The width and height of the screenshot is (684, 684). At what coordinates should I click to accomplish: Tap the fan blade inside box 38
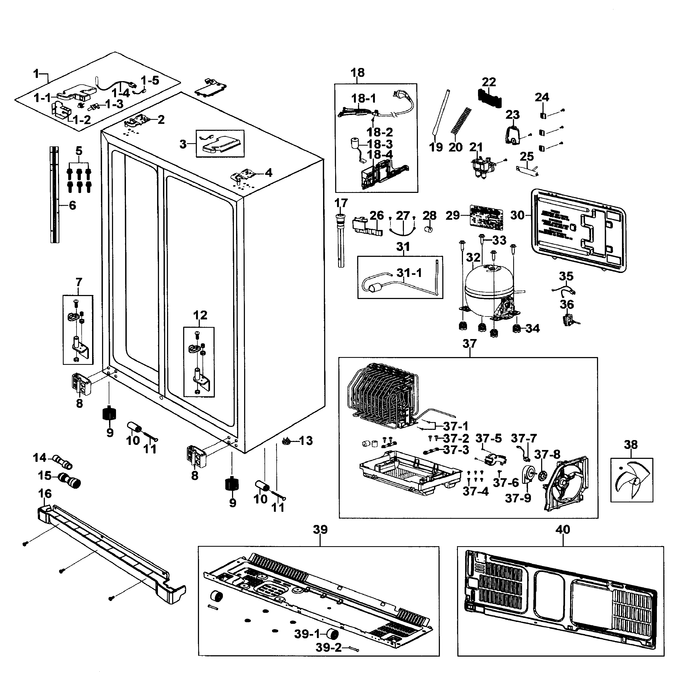632,481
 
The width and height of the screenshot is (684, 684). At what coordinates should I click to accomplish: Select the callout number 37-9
518,498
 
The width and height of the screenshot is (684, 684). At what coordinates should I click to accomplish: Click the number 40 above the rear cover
563,530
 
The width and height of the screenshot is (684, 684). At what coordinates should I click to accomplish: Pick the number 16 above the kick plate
45,494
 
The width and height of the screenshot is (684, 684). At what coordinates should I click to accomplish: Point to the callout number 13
306,441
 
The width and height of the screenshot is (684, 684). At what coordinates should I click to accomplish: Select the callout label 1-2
82,120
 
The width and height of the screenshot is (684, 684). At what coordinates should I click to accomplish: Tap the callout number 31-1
409,273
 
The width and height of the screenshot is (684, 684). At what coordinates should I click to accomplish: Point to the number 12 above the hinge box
200,315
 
